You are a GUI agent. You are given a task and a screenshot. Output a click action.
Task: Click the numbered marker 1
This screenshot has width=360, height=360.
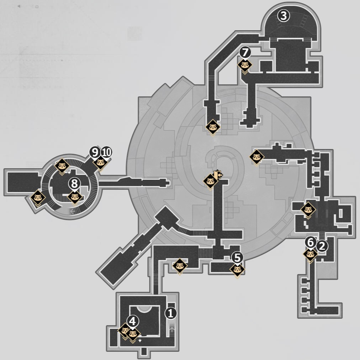pyautogui.click(x=171, y=313)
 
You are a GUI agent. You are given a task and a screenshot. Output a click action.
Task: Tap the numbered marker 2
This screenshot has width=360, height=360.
pyautogui.click(x=322, y=246)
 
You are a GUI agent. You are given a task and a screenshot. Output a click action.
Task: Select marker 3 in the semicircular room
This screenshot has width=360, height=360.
pyautogui.click(x=284, y=16)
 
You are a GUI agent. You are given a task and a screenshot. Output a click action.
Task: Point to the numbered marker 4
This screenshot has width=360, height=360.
pyautogui.click(x=133, y=321)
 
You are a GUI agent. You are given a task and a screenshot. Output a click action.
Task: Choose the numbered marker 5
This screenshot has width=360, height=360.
pyautogui.click(x=237, y=258)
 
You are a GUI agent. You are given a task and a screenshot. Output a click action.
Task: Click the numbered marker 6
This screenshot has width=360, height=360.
pyautogui.click(x=311, y=243)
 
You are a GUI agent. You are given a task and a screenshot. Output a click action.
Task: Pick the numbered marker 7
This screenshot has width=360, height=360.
pyautogui.click(x=245, y=52)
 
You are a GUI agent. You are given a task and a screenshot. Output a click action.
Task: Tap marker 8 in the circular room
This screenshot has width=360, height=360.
pyautogui.click(x=74, y=184)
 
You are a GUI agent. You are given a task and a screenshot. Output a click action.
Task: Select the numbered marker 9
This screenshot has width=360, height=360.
pyautogui.click(x=95, y=152)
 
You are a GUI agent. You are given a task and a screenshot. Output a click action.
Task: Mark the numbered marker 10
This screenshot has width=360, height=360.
pyautogui.click(x=106, y=152)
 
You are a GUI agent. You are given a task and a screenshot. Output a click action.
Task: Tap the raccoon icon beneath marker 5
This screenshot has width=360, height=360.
pyautogui.click(x=237, y=270)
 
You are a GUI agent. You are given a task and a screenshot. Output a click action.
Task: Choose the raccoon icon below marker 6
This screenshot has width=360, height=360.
pyautogui.click(x=311, y=254)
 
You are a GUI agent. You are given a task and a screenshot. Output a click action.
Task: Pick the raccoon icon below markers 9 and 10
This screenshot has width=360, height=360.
pyautogui.click(x=100, y=163)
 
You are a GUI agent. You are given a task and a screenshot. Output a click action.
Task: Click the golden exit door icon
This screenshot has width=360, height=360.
pyautogui.click(x=218, y=175)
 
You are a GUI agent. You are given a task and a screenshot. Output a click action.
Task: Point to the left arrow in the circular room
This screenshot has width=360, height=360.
pyautogui.click(x=73, y=211)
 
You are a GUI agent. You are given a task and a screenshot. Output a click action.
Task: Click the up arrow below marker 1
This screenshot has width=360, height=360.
pyautogui.click(x=172, y=330)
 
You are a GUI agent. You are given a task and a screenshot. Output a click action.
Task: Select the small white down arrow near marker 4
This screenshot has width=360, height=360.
pyautogui.click(x=140, y=341)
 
